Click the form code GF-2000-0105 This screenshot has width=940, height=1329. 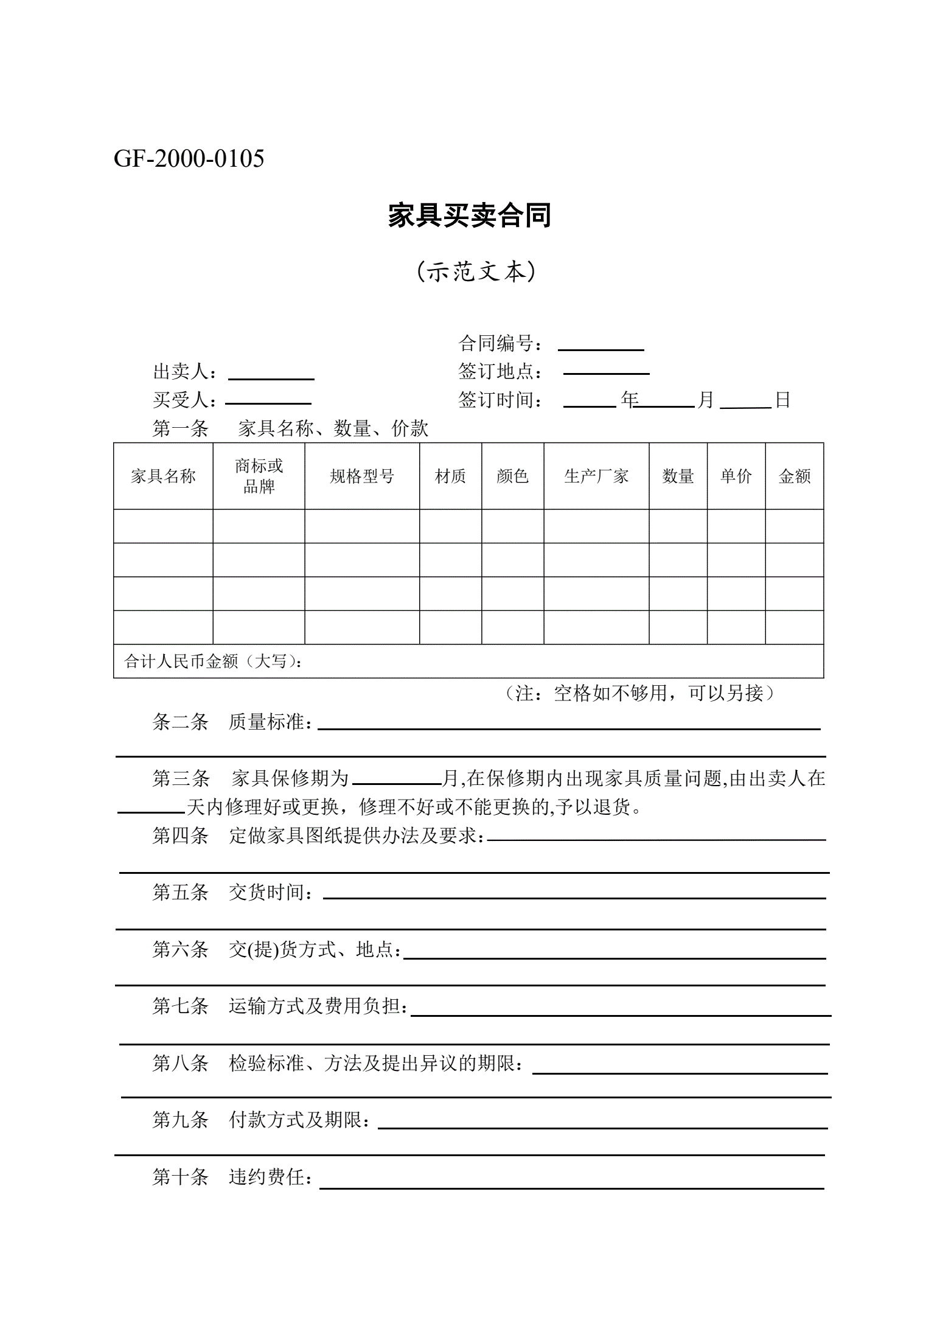(189, 159)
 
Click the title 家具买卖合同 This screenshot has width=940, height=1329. (469, 216)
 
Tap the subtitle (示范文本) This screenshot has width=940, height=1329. (476, 271)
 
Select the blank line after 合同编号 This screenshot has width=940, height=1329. (601, 346)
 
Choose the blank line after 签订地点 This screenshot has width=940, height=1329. (606, 369)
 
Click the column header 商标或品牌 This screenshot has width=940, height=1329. (259, 476)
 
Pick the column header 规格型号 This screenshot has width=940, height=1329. (361, 476)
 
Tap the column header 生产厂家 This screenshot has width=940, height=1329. (596, 476)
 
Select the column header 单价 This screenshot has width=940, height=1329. (736, 476)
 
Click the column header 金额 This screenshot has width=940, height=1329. (794, 476)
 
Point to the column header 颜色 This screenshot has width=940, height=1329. (512, 476)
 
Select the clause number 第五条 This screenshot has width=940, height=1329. (180, 893)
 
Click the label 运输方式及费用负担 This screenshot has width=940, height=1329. (317, 1006)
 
